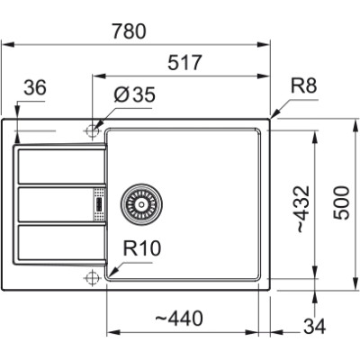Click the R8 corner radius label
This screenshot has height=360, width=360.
tap(305, 88)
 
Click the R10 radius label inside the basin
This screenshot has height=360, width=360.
tap(141, 246)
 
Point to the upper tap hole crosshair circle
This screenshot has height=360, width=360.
tap(90, 131)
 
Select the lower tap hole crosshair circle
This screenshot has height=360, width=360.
tap(90, 276)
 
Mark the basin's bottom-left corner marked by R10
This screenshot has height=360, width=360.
tap(110, 275)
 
